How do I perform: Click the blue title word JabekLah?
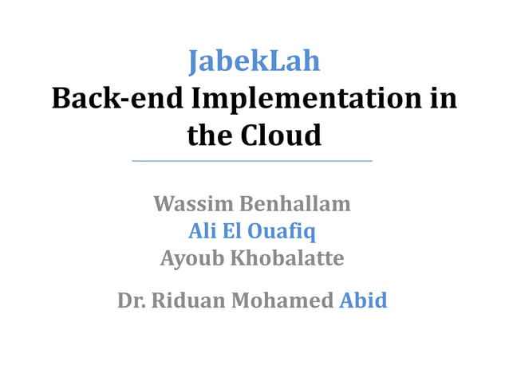[254, 61]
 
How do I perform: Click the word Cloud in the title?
[284, 136]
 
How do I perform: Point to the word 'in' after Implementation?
[445, 99]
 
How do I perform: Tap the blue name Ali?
[200, 231]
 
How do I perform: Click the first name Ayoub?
[192, 258]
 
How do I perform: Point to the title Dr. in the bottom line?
[131, 300]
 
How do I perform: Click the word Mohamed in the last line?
[283, 300]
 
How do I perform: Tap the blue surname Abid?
[363, 300]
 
